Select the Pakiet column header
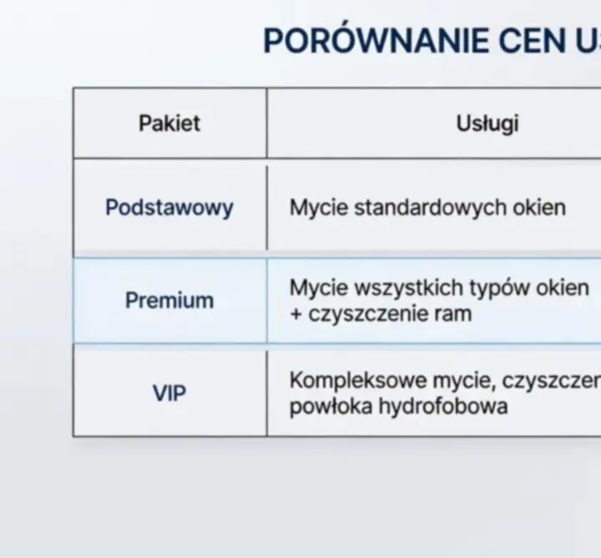tap(169, 123)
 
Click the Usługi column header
tap(487, 123)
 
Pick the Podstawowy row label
tap(169, 207)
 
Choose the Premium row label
tap(169, 300)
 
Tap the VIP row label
tap(169, 393)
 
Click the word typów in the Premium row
tap(496, 289)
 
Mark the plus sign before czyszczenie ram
tap(295, 315)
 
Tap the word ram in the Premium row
tap(454, 315)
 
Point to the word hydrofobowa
tap(443, 408)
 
